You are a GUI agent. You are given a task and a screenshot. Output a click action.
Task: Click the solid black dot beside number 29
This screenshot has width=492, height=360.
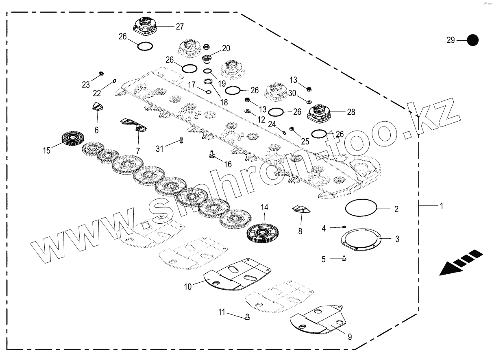tap(472, 40)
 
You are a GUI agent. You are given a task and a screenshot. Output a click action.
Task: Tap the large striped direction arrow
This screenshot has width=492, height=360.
tap(461, 263)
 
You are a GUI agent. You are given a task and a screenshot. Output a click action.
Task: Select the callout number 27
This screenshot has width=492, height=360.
tap(179, 27)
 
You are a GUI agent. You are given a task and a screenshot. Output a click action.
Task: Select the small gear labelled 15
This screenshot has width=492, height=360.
tap(73, 139)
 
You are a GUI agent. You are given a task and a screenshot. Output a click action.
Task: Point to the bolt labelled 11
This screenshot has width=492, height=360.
tap(247, 316)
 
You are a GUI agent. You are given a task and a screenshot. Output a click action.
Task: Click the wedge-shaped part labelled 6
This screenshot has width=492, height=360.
tap(98, 107)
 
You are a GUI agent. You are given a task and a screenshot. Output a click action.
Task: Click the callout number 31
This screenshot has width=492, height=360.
tap(159, 149)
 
